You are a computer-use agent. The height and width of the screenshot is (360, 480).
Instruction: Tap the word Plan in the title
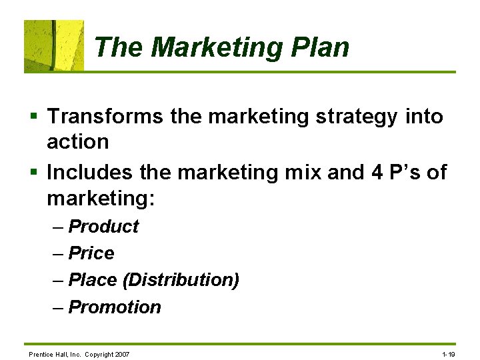pos(319,48)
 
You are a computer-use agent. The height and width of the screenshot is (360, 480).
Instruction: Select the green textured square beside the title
pos(54,45)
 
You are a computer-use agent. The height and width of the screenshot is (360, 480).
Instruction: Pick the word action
pos(77,141)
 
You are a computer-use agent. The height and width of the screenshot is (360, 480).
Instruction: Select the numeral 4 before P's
pos(376,173)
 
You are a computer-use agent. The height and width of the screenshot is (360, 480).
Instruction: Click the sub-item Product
pos(103,227)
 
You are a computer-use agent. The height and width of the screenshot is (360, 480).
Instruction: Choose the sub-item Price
pos(91,253)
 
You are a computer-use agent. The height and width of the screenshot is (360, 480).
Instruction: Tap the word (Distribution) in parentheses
pos(181,280)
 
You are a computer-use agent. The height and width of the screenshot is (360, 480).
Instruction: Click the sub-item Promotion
pos(115,307)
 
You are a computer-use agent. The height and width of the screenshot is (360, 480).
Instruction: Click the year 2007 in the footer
pos(121,354)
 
